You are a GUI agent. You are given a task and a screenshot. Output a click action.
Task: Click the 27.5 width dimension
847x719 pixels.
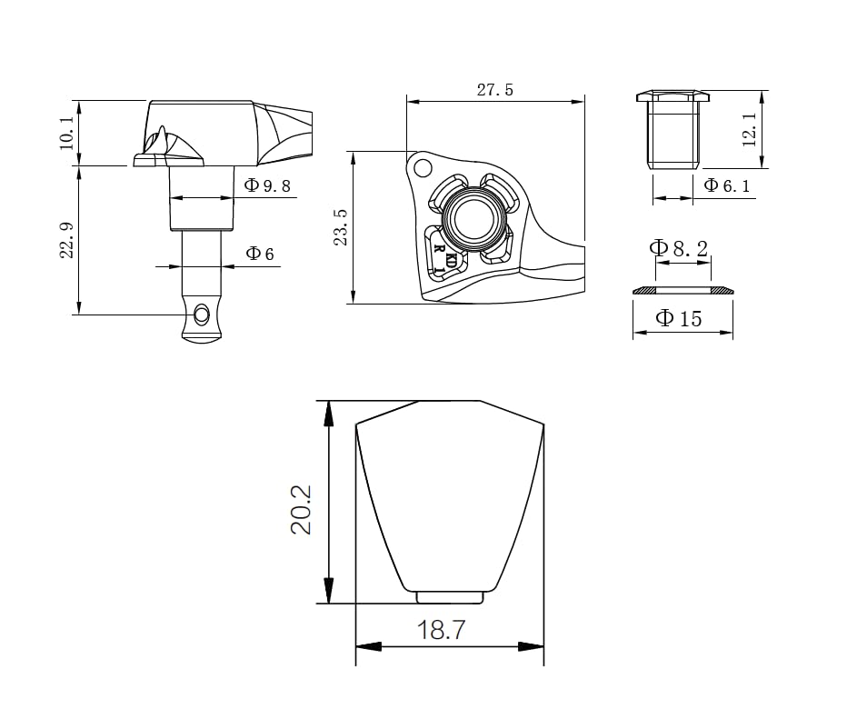tap(494, 90)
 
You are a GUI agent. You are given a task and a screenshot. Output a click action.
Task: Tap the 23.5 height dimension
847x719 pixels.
tap(341, 227)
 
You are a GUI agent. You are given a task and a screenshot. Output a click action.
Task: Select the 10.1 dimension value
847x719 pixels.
tap(66, 133)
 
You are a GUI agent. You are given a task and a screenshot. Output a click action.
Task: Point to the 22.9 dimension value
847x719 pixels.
tap(66, 240)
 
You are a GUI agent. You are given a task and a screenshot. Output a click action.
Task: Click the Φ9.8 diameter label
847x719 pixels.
tap(267, 185)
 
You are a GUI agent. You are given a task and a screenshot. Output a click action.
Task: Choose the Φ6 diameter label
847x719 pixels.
tap(260, 254)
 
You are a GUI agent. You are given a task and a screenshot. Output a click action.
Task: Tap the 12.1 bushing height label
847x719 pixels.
tap(750, 130)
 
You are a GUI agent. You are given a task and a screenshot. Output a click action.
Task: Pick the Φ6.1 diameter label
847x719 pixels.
tap(727, 185)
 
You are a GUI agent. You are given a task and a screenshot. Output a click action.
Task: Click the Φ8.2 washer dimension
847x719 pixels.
tap(679, 248)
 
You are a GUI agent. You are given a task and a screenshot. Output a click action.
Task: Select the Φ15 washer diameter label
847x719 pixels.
tap(679, 318)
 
